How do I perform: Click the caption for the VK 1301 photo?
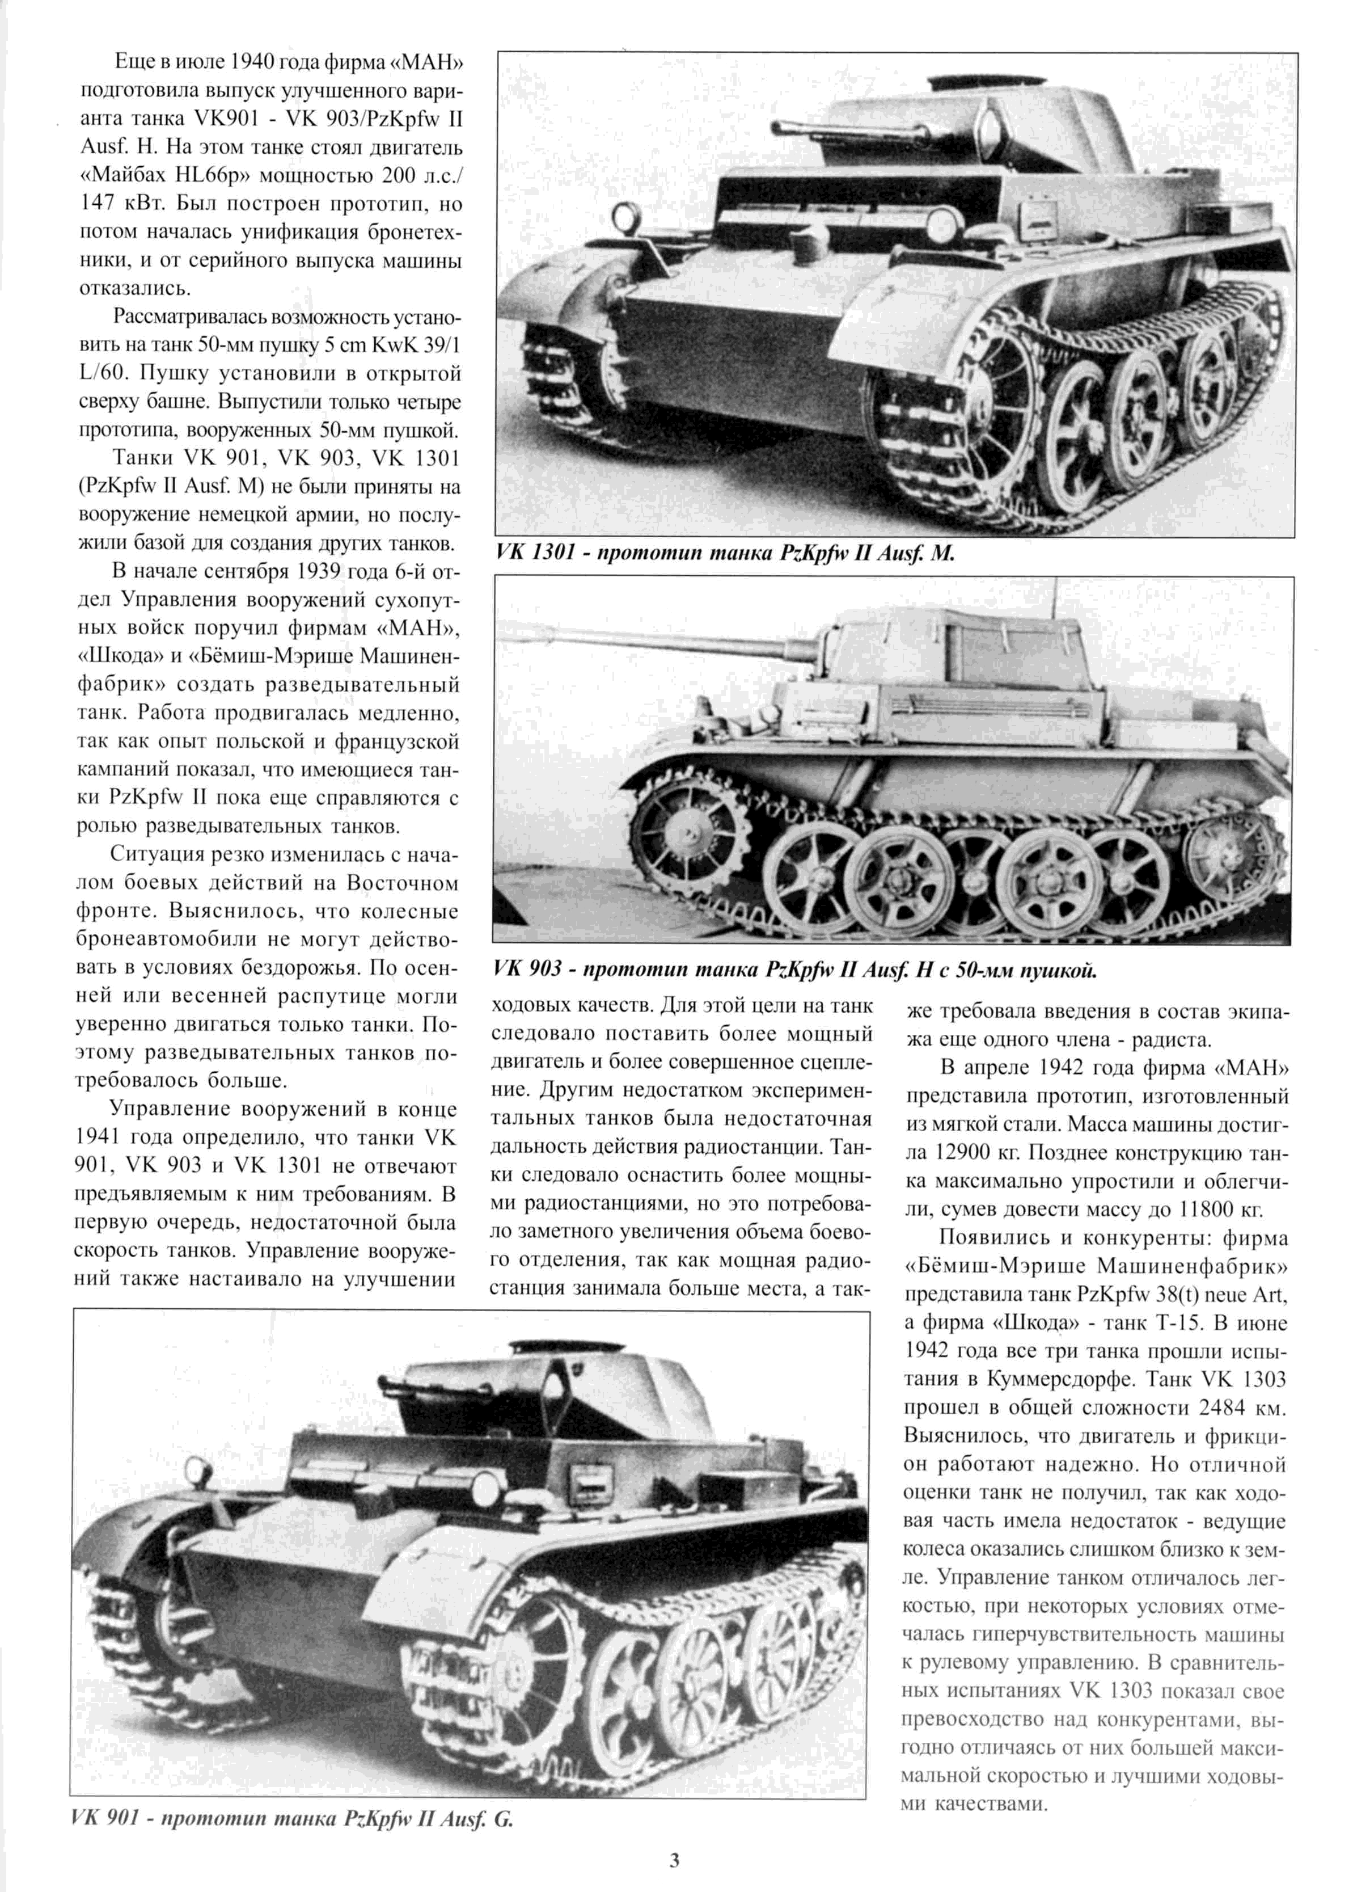(x=725, y=554)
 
